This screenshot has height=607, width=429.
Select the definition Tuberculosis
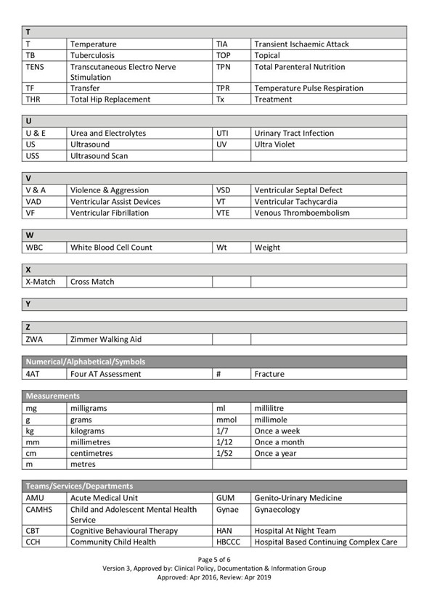(93, 55)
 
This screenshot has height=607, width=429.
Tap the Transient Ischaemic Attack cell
(301, 44)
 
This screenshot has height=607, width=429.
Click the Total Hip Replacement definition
(110, 99)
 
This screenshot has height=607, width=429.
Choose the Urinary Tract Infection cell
(294, 134)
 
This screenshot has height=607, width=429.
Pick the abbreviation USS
(33, 156)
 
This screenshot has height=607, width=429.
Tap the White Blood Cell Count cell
(111, 248)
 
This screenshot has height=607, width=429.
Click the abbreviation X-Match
(41, 282)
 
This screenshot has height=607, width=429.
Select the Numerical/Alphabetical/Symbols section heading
(86, 362)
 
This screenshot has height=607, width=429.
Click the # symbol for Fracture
(218, 374)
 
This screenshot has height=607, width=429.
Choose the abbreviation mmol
(226, 420)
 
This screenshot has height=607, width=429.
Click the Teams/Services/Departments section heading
(80, 486)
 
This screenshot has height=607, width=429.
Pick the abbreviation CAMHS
(38, 510)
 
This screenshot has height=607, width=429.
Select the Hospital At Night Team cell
(295, 531)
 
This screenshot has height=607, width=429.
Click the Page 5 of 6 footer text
(214, 559)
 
